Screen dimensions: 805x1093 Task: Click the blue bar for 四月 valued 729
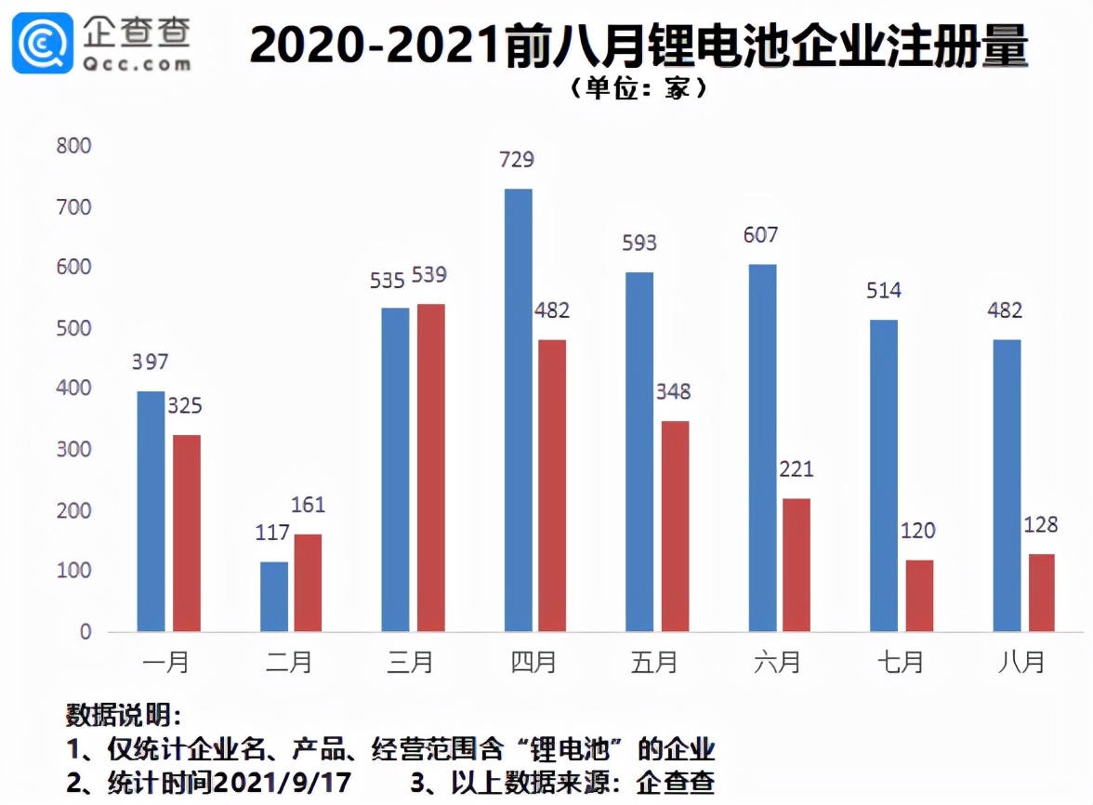point(518,410)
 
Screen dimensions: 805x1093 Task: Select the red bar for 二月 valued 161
point(308,583)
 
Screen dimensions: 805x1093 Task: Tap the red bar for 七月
point(919,595)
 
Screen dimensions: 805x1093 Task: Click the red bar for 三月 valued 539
point(430,468)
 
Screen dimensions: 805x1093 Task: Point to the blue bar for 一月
point(151,511)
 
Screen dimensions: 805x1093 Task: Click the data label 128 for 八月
point(1040,525)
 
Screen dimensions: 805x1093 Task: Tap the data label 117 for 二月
point(272,534)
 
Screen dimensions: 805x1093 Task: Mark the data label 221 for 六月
point(796,469)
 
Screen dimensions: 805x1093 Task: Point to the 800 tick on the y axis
point(73,146)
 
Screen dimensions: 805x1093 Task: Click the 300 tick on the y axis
point(73,450)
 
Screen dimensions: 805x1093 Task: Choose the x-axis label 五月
point(654,663)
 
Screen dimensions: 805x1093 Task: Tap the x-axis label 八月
point(1021,663)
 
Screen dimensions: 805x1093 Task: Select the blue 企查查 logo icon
point(43,43)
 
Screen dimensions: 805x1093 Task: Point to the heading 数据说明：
point(123,716)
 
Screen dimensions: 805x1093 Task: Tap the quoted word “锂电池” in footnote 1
point(576,749)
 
